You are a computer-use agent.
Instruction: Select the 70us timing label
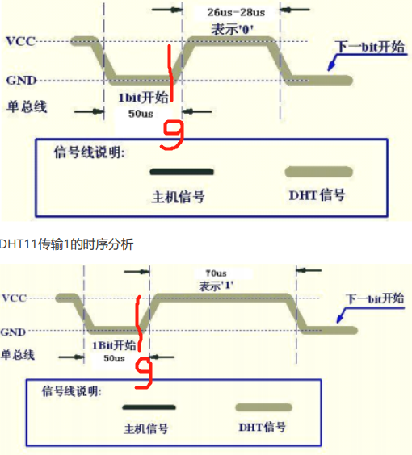point(217,273)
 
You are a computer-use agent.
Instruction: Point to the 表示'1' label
point(217,286)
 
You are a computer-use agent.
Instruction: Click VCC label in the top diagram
point(20,41)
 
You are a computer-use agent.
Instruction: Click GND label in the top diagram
point(20,80)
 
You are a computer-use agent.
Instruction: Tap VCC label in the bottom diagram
point(15,298)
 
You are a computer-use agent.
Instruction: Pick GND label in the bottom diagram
point(15,332)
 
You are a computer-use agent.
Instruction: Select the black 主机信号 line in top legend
point(182,172)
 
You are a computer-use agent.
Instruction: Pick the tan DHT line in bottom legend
point(263,407)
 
